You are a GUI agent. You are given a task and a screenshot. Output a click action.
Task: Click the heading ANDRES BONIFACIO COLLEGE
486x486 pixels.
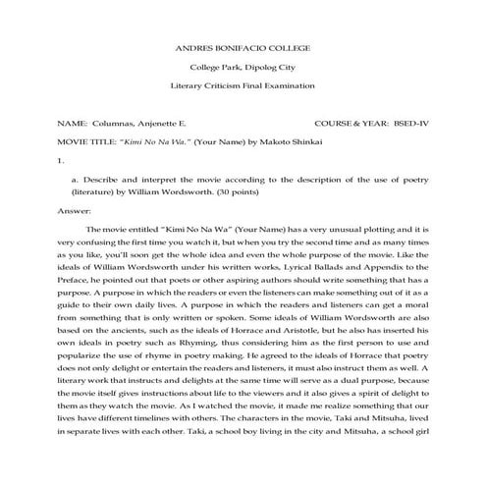tap(243, 47)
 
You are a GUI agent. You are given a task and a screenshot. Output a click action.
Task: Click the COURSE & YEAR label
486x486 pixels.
tap(350, 126)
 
